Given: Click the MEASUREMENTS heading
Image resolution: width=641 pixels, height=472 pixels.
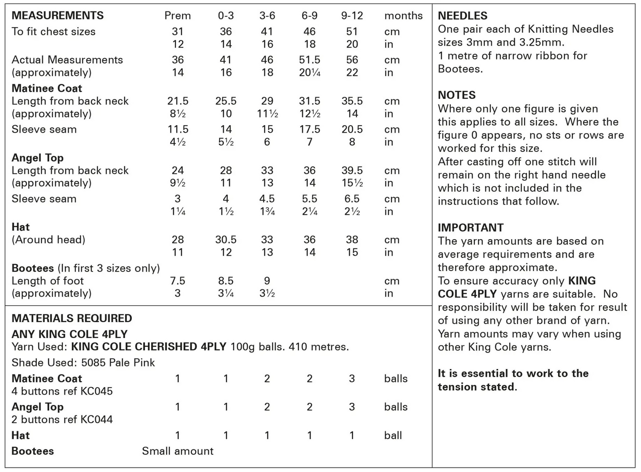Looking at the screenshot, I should click(x=57, y=16).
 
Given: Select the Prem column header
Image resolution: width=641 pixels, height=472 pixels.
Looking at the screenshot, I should click(x=177, y=16).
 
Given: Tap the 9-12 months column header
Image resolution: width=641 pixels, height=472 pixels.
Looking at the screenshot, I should click(x=352, y=16).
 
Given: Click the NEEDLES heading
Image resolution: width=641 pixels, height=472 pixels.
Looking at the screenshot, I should click(x=462, y=16).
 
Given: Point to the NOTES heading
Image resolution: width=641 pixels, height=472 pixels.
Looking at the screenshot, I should click(x=456, y=95).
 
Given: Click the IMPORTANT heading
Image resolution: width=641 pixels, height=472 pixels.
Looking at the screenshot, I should click(x=471, y=228).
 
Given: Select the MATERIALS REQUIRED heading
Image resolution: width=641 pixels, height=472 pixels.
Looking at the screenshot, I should click(x=71, y=318).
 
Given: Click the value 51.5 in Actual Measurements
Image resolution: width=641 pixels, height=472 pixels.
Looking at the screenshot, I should click(x=309, y=60).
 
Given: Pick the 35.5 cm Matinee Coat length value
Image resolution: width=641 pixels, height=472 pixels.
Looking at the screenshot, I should click(x=352, y=101).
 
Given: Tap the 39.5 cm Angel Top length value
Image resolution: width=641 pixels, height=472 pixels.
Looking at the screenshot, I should click(x=352, y=170).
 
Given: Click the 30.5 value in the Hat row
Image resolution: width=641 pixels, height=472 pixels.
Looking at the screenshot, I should click(x=226, y=240).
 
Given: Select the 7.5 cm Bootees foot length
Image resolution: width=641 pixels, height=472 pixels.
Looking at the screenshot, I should click(x=177, y=281).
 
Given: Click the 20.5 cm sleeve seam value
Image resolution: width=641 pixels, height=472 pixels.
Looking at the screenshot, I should click(x=352, y=130).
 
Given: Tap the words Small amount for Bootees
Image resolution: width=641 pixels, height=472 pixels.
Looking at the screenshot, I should click(x=177, y=451).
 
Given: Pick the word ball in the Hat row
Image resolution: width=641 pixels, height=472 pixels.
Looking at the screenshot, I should click(x=393, y=435).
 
